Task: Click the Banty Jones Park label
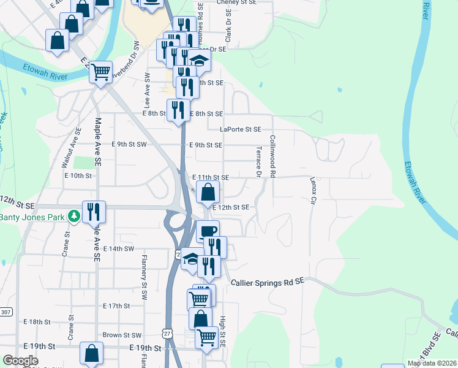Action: click(32, 217)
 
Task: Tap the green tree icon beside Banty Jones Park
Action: click(73, 217)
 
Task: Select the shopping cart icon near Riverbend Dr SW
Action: click(101, 71)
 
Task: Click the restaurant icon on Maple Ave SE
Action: click(94, 212)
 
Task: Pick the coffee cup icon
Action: click(208, 231)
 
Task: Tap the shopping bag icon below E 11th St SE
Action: click(208, 191)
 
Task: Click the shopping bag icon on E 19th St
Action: click(91, 353)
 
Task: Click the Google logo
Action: click(20, 361)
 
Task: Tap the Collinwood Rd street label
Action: click(272, 158)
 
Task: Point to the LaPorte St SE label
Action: click(241, 129)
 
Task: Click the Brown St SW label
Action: click(122, 335)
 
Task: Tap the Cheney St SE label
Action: click(233, 2)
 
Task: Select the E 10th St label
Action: click(78, 175)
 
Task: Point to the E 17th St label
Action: click(116, 305)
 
